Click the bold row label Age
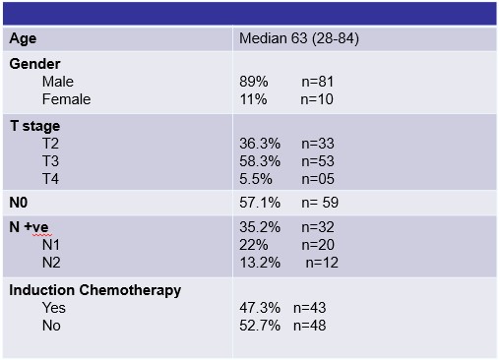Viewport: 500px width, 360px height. click(x=23, y=39)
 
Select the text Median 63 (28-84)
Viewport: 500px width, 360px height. click(x=299, y=38)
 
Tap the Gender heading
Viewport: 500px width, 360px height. click(x=34, y=64)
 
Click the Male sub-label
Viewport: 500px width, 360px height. click(x=58, y=82)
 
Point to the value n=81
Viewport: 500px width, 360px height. click(x=317, y=82)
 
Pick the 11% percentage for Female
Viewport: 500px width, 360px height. click(x=253, y=99)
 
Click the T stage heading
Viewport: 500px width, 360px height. click(x=35, y=126)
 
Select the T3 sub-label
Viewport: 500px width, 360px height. click(x=50, y=161)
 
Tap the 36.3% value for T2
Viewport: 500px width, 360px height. click(x=260, y=144)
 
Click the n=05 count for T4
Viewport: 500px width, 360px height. click(x=318, y=179)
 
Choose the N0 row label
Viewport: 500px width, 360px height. click(x=19, y=203)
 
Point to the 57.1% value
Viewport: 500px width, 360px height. click(x=260, y=203)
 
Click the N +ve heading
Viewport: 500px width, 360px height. click(x=29, y=227)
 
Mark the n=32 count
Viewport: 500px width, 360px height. click(x=318, y=227)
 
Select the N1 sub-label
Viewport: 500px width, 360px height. click(x=51, y=245)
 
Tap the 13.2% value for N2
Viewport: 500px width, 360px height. click(x=260, y=263)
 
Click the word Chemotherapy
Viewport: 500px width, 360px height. click(x=130, y=290)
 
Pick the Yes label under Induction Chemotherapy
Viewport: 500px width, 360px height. click(x=54, y=308)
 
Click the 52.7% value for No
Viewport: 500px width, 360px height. click(x=260, y=326)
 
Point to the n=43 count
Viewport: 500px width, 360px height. click(x=309, y=308)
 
